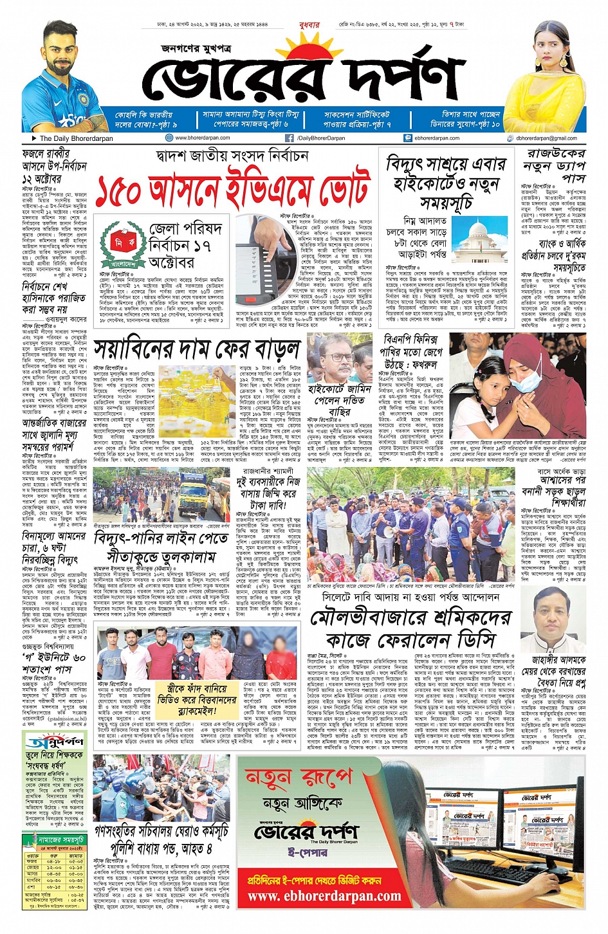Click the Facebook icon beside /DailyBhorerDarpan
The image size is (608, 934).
290,138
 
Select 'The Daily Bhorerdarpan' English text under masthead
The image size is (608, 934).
76,138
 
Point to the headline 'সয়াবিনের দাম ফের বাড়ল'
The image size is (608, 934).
197,349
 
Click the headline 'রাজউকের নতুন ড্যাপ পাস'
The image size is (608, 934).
555,165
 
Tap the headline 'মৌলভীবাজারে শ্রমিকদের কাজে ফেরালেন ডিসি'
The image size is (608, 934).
411,630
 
